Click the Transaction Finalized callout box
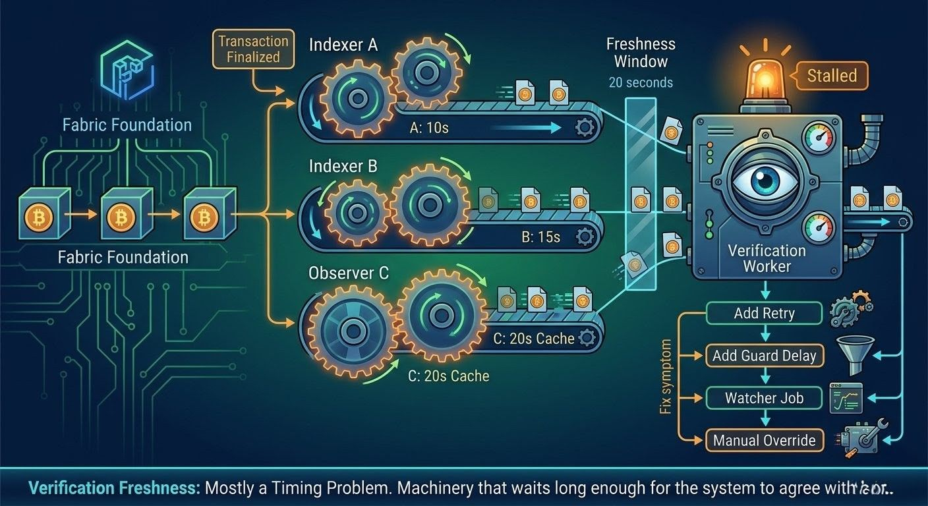coord(254,49)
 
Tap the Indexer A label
coord(343,45)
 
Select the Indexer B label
coord(343,167)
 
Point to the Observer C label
coord(349,272)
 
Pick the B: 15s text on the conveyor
coord(540,237)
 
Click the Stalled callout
coord(832,76)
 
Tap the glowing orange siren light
coord(766,78)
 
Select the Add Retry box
coord(764,314)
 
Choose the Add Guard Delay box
coord(764,356)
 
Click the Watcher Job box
coord(764,398)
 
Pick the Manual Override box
coord(764,440)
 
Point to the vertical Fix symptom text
coord(666,377)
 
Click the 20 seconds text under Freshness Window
coord(641,82)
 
